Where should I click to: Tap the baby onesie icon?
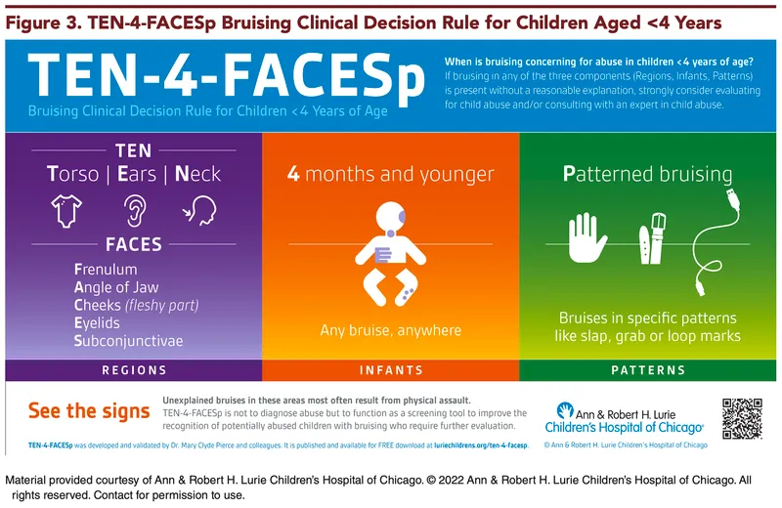(65, 210)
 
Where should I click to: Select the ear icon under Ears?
(134, 210)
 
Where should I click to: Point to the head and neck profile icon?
(201, 210)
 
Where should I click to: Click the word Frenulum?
(106, 268)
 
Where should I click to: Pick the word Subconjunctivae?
(128, 341)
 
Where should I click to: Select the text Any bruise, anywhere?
(390, 330)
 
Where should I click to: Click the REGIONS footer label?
(134, 370)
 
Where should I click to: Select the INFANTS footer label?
(391, 370)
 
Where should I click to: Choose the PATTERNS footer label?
(648, 370)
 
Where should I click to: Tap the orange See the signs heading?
(87, 410)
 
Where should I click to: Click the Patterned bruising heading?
(647, 175)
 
